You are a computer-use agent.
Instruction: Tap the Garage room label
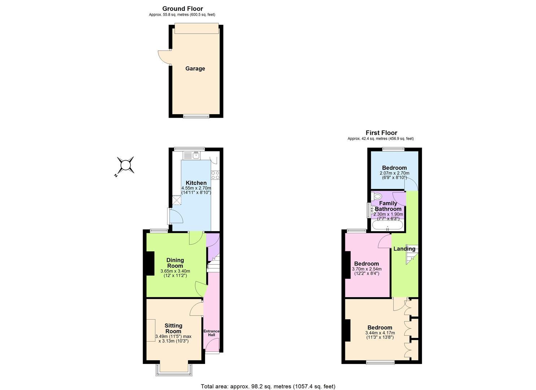click(195, 69)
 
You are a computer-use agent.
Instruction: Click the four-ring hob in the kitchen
click(215, 175)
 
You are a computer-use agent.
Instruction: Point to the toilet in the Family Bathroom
click(376, 196)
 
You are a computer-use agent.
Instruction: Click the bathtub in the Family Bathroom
click(388, 225)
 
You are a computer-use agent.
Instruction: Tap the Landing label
click(404, 249)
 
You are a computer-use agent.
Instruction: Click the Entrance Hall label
click(211, 333)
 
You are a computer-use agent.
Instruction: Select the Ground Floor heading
click(183, 9)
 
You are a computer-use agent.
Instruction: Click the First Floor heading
click(382, 133)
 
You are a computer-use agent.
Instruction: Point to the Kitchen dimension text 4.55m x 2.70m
click(196, 188)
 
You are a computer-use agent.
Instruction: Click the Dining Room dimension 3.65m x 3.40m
click(175, 271)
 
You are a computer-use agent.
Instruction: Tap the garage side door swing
click(164, 57)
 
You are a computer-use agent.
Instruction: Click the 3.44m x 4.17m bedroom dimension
click(380, 333)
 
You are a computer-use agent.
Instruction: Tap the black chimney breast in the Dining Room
click(150, 263)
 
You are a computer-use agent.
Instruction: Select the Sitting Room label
click(173, 329)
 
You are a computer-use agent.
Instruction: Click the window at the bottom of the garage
click(196, 117)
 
